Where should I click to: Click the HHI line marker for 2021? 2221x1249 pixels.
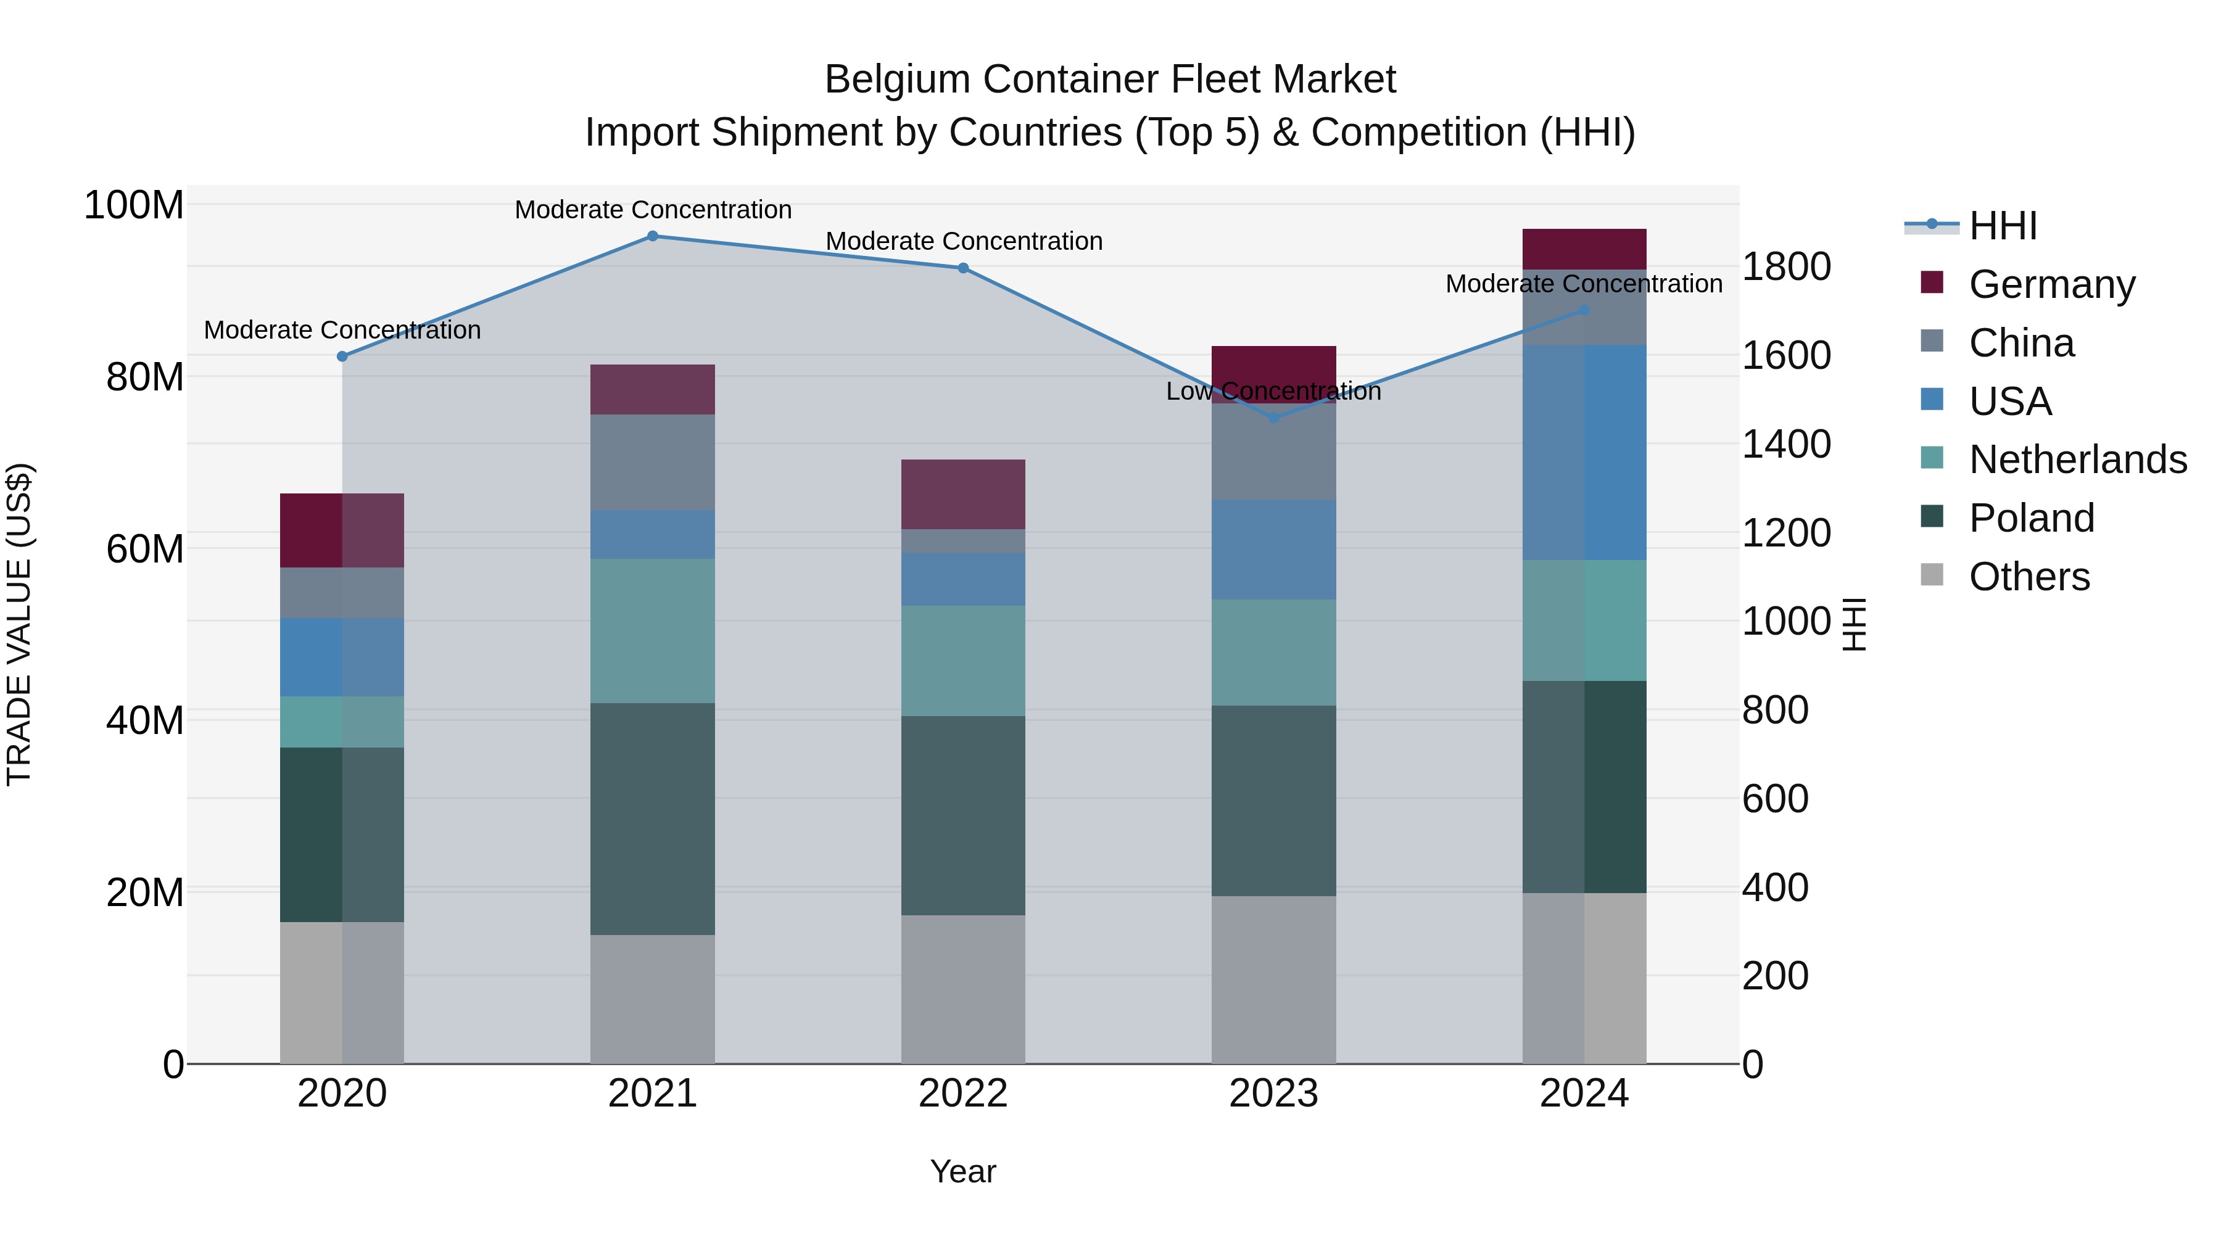[653, 236]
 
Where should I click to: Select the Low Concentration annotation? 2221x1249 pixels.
[1273, 391]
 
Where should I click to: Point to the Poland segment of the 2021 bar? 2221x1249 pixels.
[653, 819]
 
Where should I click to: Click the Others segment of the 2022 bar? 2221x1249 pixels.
[963, 989]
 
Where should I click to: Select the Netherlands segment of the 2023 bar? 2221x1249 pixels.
[1273, 653]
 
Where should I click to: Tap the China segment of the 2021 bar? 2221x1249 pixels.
[653, 462]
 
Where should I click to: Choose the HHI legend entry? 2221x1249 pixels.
[2002, 226]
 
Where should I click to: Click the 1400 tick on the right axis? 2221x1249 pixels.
[1785, 445]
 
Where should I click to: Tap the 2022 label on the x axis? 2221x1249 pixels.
[963, 1094]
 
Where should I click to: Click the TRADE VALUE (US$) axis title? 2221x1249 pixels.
[19, 624]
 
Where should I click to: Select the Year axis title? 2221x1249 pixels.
[963, 1171]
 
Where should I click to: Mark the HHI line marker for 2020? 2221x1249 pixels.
[342, 356]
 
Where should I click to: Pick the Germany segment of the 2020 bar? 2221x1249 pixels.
[342, 530]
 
